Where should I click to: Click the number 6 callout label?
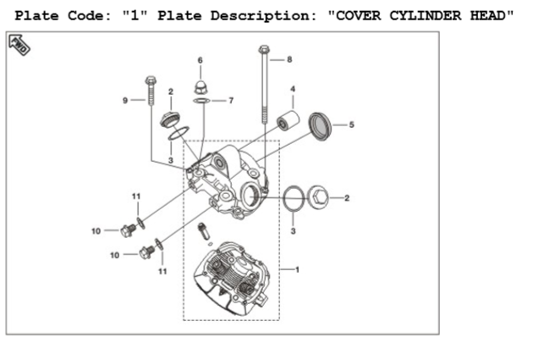point(201,60)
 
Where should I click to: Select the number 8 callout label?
point(289,60)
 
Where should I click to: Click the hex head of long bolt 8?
point(264,51)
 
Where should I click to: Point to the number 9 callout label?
point(124,100)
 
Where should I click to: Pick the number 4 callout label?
point(293,88)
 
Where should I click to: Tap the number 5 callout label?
point(351,125)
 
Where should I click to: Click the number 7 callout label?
point(230,101)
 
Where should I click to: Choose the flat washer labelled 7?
point(201,101)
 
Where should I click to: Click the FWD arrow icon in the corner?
point(19,45)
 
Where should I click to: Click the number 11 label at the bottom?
point(162,270)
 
